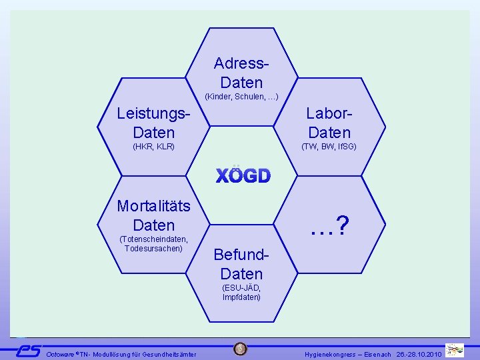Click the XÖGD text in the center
(x=243, y=176)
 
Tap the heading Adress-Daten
(x=241, y=73)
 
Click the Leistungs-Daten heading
(x=153, y=123)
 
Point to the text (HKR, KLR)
(x=153, y=146)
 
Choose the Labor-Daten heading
(x=329, y=123)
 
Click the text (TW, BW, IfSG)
(x=329, y=146)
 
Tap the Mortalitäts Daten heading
(x=153, y=215)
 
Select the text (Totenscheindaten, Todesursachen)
(x=153, y=244)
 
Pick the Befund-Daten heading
(x=241, y=264)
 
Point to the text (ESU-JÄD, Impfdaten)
(x=241, y=292)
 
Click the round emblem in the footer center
(x=241, y=349)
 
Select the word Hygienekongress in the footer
(x=331, y=354)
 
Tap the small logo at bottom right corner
(x=455, y=350)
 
